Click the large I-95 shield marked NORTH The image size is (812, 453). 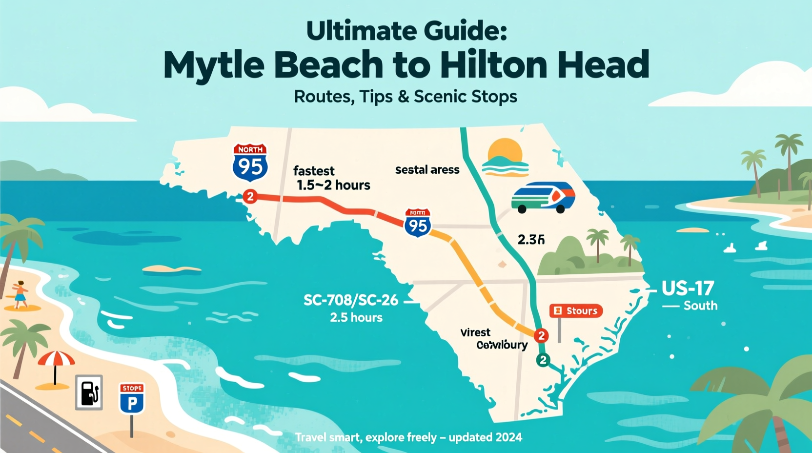pyautogui.click(x=250, y=162)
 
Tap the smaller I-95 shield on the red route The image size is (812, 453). pyautogui.click(x=418, y=223)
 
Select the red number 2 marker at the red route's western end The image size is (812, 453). pyautogui.click(x=250, y=196)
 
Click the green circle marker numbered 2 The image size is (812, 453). pyautogui.click(x=543, y=360)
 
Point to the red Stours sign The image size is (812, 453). pyautogui.click(x=576, y=311)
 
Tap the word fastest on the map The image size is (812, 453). pyautogui.click(x=314, y=171)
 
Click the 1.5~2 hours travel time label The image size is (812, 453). pyautogui.click(x=334, y=185)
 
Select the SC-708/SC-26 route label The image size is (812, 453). pyautogui.click(x=351, y=300)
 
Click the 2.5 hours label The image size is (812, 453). pyautogui.click(x=356, y=318)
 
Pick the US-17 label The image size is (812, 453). pyautogui.click(x=688, y=288)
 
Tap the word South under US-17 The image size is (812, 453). pyautogui.click(x=700, y=306)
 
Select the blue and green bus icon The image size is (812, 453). pyautogui.click(x=543, y=197)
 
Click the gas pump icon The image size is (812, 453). pyautogui.click(x=89, y=392)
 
